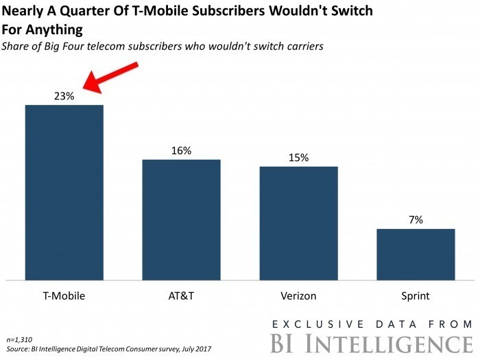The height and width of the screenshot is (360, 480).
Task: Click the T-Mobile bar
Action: point(64,193)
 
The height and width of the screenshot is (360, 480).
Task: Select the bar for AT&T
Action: point(181,220)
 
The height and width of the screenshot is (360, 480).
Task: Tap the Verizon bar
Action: point(298,224)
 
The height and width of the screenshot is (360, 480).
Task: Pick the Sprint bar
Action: point(416,254)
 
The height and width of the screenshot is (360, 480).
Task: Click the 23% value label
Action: point(64,96)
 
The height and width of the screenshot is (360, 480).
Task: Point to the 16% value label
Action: point(181,151)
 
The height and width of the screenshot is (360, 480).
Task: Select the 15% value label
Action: point(298,158)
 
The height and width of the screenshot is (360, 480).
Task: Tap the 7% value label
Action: point(416,220)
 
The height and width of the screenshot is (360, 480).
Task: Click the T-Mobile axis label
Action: point(64,296)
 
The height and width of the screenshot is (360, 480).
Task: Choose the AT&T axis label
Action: point(181,296)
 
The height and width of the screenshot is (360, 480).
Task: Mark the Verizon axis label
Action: point(298,296)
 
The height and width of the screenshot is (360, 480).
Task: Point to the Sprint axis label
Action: point(416,296)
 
